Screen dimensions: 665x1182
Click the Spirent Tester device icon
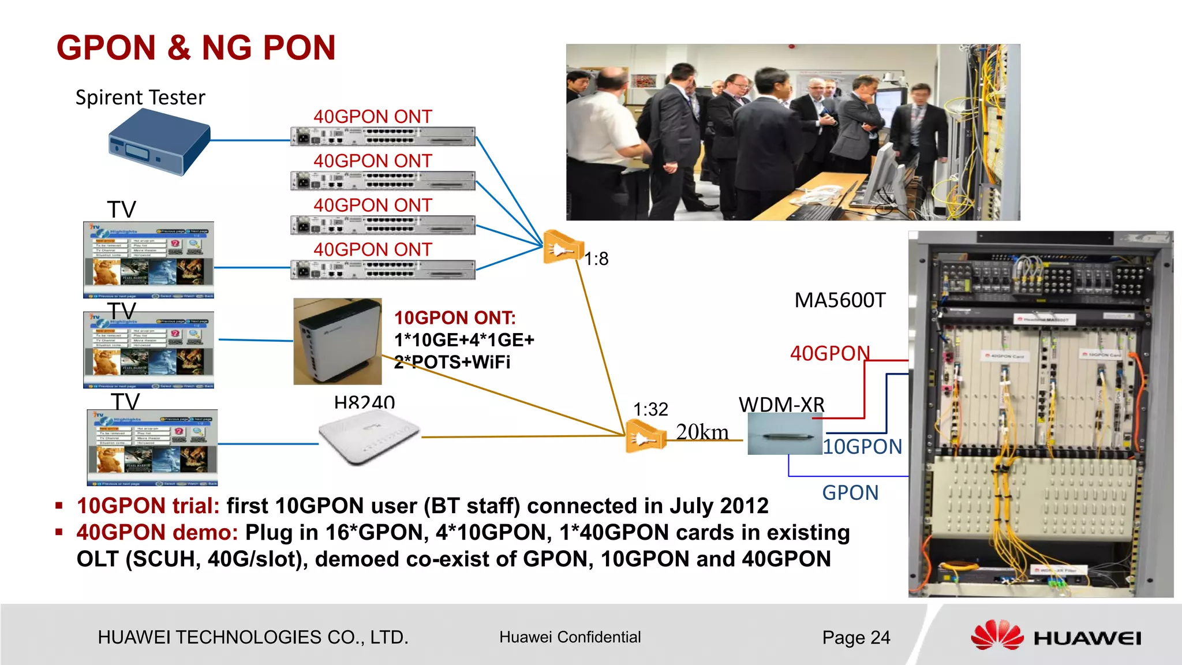pos(159,142)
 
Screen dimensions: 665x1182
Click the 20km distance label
pos(702,432)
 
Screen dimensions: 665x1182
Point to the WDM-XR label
pos(781,404)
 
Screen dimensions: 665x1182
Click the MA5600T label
pos(839,300)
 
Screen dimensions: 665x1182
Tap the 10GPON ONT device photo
pos(338,341)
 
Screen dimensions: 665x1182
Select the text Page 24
pos(856,637)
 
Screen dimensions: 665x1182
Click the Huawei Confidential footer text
pos(570,637)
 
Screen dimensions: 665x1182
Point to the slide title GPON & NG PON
pos(196,47)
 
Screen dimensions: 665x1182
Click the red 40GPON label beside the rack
pos(829,353)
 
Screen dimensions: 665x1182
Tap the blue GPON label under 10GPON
pos(850,492)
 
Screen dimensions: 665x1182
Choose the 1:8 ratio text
pos(596,259)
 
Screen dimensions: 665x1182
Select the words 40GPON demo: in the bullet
pos(157,532)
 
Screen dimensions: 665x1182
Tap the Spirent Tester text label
pos(140,97)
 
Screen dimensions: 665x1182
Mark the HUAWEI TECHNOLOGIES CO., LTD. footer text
pos(253,637)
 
